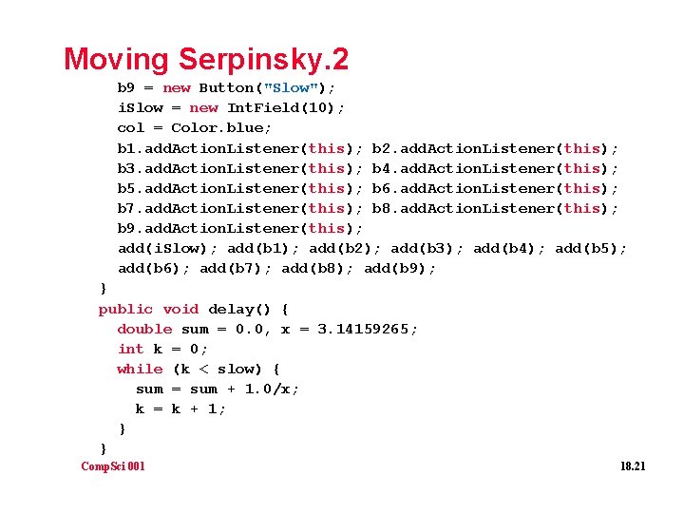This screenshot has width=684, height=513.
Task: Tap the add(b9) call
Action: coord(400,269)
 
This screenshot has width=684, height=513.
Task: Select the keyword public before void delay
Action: coord(125,309)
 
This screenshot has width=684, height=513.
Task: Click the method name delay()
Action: coord(244,309)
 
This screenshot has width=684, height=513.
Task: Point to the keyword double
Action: coord(144,329)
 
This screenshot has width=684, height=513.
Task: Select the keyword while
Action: coord(140,369)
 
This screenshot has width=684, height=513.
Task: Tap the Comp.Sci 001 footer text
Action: coord(113,465)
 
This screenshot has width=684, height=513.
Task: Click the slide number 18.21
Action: coord(632,465)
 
